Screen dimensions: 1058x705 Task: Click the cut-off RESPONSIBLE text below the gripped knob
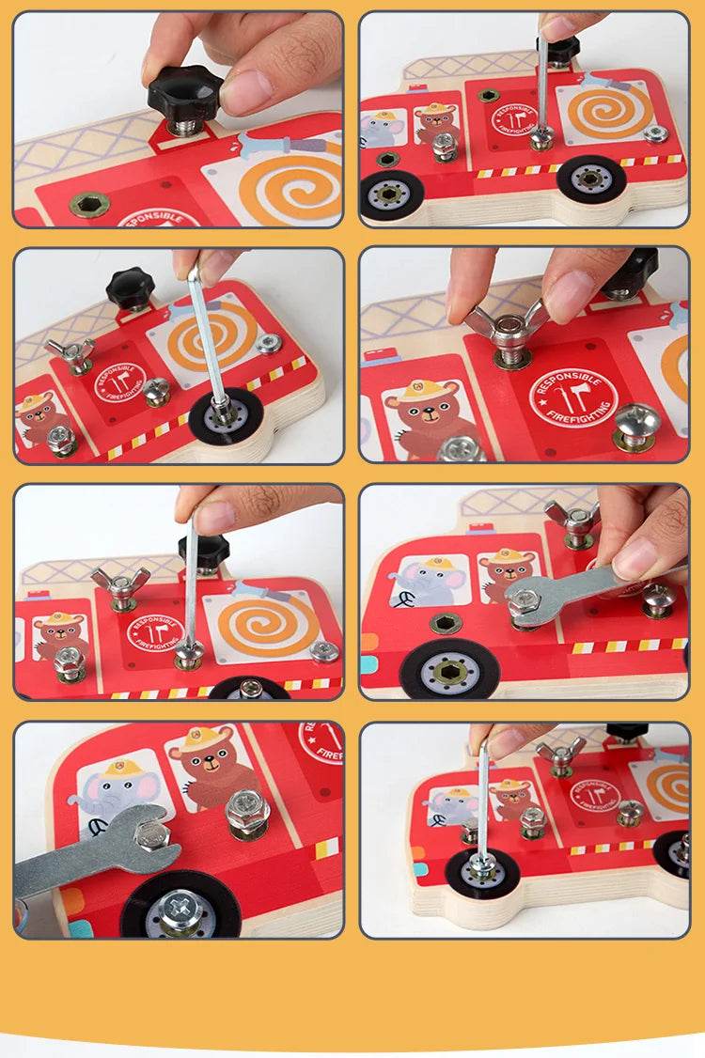coord(159,218)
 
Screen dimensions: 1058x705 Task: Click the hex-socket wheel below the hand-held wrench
coord(449,670)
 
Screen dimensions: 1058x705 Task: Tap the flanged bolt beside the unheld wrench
coord(247,810)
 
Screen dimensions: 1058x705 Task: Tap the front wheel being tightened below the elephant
coord(481,866)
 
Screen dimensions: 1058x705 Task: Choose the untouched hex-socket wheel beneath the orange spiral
coord(590,179)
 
